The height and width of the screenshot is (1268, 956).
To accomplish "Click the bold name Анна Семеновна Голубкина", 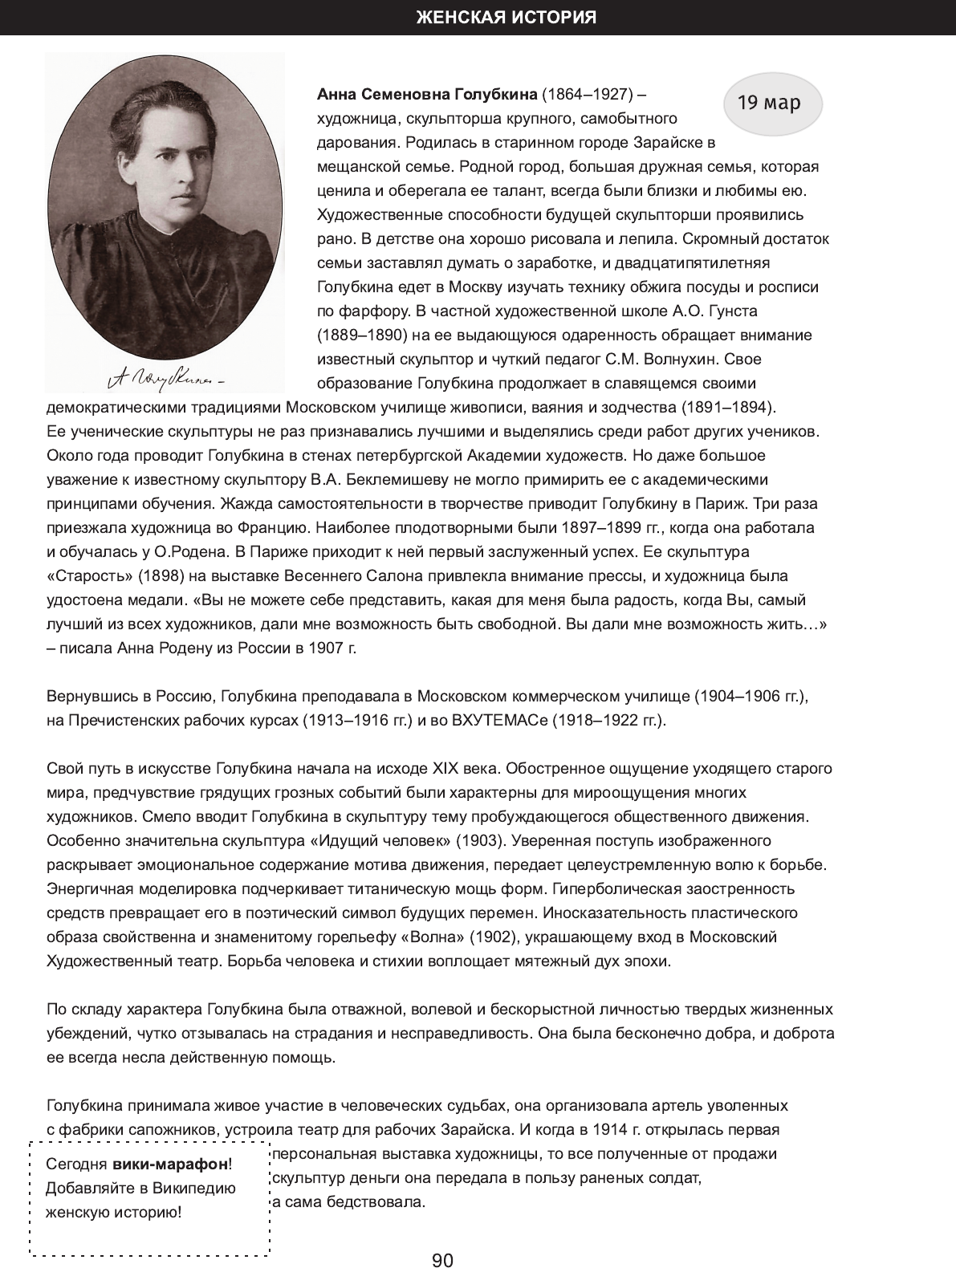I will click(x=427, y=95).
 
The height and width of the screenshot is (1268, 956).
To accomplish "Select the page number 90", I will click(x=442, y=1238).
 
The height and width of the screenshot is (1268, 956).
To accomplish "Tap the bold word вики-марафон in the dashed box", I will click(x=169, y=1164).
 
